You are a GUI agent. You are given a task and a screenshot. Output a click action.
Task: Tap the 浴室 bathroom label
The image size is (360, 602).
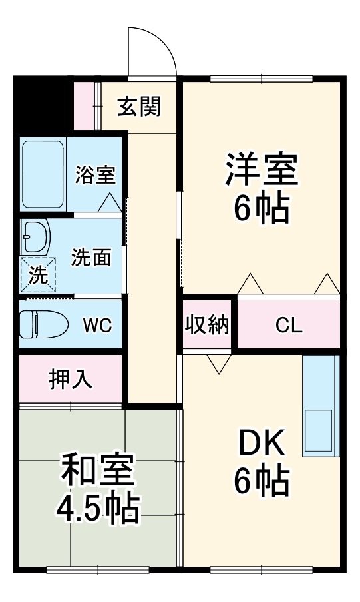point(95,175)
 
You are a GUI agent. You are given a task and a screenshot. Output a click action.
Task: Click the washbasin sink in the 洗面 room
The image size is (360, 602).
point(35,236)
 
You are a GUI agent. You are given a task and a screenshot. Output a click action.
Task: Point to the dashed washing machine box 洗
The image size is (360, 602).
point(39,275)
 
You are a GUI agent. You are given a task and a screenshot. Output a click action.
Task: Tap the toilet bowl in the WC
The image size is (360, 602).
point(44,325)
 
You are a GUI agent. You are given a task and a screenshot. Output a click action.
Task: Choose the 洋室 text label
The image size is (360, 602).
point(261,171)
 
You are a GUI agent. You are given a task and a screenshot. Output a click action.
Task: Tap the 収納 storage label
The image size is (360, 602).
point(207,325)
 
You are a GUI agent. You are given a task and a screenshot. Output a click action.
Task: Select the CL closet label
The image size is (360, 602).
point(289,326)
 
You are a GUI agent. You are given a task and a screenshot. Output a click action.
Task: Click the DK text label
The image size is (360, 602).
point(261,443)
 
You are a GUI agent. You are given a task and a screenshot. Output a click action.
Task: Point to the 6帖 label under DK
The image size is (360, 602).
point(261,481)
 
